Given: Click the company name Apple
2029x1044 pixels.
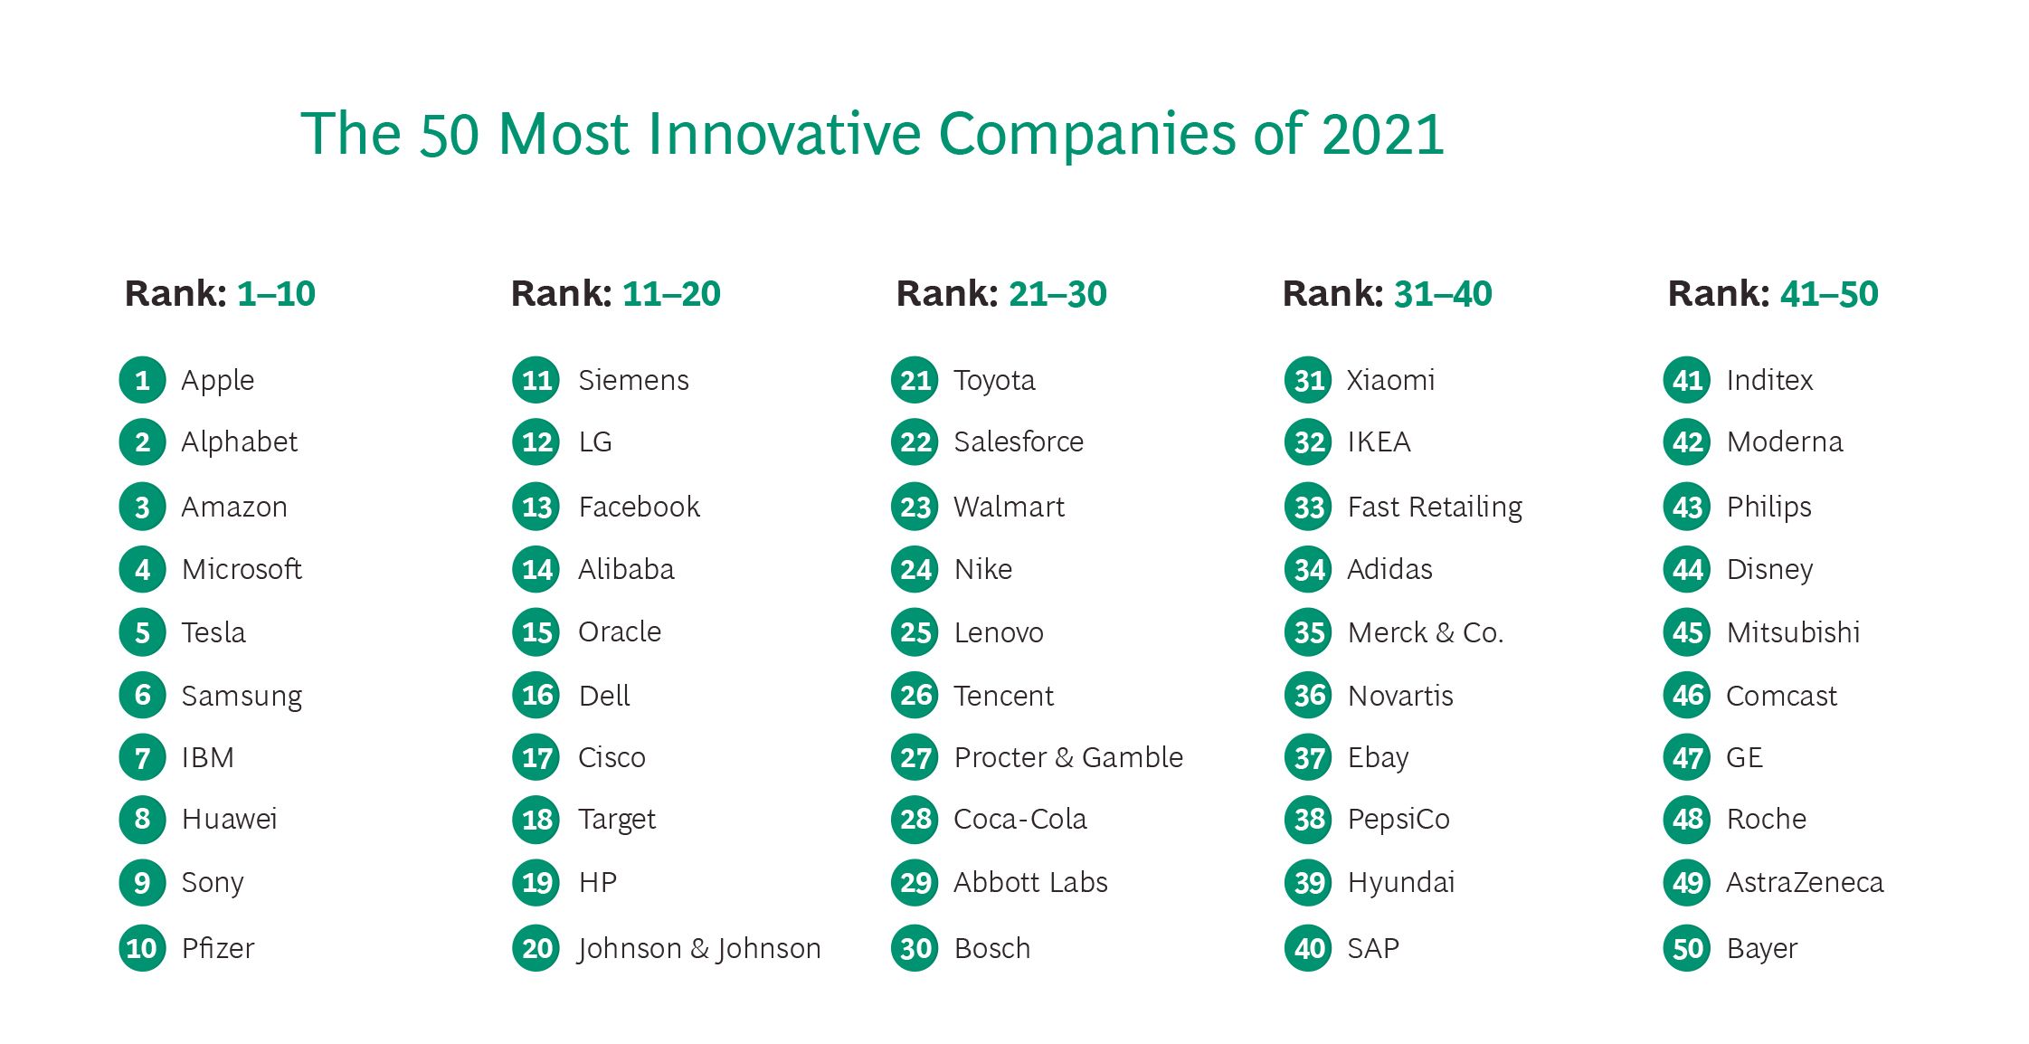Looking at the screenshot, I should (x=217, y=381).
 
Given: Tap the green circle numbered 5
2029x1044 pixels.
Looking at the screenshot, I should (x=142, y=632).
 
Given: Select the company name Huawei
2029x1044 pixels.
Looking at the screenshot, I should (x=229, y=820).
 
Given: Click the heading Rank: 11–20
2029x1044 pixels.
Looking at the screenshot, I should (x=615, y=293).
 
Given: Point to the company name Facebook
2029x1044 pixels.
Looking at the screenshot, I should (x=639, y=507).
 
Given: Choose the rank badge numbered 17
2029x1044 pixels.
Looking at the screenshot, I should (x=536, y=757).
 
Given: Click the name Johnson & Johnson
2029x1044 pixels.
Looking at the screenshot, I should (x=699, y=948).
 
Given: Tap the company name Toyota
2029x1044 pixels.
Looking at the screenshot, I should (x=994, y=381).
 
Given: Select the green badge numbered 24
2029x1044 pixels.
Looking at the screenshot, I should (x=915, y=569).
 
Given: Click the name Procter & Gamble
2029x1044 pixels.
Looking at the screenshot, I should (x=1068, y=757).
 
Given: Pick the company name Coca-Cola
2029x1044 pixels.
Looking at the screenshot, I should (x=1019, y=820).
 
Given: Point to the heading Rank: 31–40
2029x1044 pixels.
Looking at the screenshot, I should (x=1387, y=293).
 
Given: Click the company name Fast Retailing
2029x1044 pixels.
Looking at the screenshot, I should (x=1435, y=507).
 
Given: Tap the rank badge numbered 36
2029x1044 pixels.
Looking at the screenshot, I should (x=1308, y=696).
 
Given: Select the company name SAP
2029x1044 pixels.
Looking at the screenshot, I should (x=1373, y=948).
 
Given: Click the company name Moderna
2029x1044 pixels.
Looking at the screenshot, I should (x=1784, y=442).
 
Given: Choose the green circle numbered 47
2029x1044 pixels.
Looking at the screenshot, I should (x=1687, y=757).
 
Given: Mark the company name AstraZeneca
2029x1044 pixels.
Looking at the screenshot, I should (x=1805, y=882).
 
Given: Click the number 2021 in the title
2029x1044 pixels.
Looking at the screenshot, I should (x=1382, y=134).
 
